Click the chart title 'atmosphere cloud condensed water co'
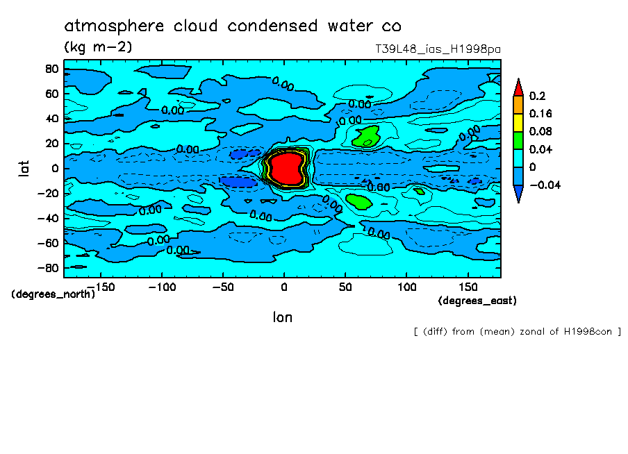[x=233, y=26]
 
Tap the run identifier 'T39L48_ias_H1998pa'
[x=437, y=49]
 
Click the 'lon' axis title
[x=282, y=317]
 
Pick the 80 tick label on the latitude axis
[x=51, y=68]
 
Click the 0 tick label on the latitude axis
[x=54, y=168]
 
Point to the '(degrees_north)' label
[x=53, y=294]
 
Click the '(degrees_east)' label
[x=477, y=301]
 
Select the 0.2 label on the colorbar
[x=536, y=96]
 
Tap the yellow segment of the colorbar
[x=518, y=121]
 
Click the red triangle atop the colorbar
[x=518, y=86]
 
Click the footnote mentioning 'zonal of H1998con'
[x=517, y=331]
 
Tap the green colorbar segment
[x=518, y=140]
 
